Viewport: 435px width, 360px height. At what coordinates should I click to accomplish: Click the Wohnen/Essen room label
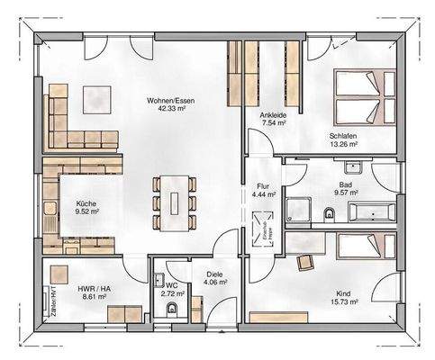click(x=170, y=100)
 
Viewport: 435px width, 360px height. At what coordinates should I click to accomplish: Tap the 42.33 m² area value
click(x=171, y=109)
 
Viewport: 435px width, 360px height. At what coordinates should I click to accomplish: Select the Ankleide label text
click(x=273, y=114)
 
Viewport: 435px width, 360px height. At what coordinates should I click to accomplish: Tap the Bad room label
click(x=345, y=182)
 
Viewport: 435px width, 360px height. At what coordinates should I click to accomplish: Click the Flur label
click(x=263, y=184)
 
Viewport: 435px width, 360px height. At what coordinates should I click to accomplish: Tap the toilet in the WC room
click(x=171, y=309)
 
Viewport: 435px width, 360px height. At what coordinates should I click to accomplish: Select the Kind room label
click(x=343, y=294)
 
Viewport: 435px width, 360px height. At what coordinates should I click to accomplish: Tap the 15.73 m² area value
click(x=343, y=303)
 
